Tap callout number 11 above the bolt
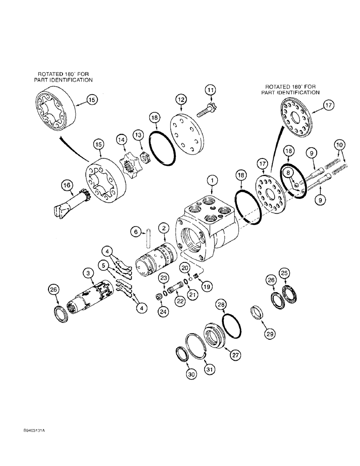pos(211,89)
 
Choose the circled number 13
pos(138,135)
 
